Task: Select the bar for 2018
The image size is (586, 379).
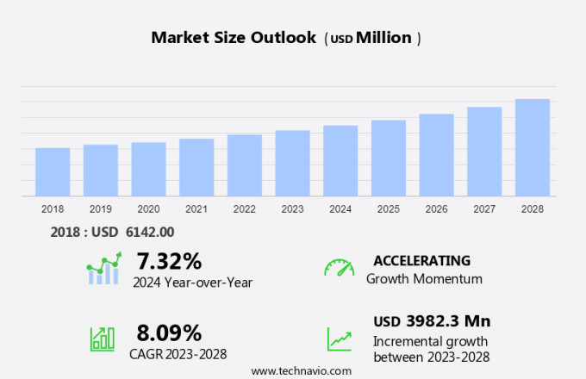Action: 53,172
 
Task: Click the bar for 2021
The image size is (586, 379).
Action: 196,168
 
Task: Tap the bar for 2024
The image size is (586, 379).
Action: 340,161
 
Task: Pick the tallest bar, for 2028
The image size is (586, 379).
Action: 533,148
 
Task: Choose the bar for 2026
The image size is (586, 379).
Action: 436,155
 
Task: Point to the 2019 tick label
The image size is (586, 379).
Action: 101,209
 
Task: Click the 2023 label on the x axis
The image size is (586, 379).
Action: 292,209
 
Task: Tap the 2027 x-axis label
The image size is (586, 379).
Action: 484,209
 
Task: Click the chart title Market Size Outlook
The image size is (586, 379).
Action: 234,38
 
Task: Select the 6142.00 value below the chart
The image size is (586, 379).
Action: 150,231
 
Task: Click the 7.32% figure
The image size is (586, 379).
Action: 169,261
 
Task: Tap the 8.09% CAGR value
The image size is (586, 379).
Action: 169,332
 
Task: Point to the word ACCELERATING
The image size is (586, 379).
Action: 421,260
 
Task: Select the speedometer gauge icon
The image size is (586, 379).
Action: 339,268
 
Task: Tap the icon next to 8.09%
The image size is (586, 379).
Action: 103,338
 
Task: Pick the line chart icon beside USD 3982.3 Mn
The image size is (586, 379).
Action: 339,338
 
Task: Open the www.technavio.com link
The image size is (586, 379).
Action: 301,370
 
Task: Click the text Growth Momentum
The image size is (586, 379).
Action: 424,279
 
